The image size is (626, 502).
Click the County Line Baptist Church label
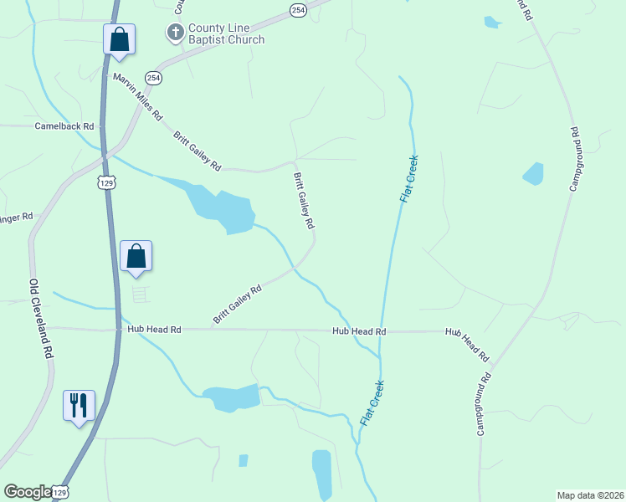[x=225, y=34]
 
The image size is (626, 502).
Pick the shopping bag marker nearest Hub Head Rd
[x=136, y=258]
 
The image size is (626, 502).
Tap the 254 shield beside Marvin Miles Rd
[x=152, y=77]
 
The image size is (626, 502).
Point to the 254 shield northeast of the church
[x=298, y=9]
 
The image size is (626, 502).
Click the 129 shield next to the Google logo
[x=60, y=494]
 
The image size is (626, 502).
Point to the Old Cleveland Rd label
[x=41, y=319]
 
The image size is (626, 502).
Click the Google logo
[x=26, y=492]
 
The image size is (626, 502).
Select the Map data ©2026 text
[x=589, y=495]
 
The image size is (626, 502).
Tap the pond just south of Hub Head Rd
[x=231, y=397]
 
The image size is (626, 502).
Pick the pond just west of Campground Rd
[x=533, y=174]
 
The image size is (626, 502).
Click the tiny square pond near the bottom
[x=243, y=460]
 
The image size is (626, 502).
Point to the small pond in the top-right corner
[x=491, y=23]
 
